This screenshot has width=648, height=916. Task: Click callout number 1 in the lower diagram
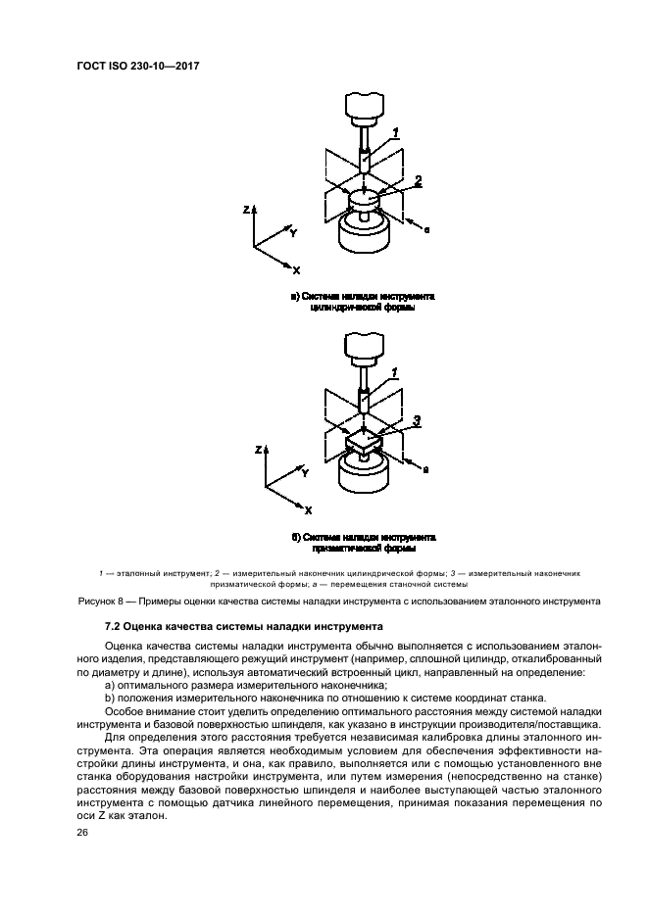pyautogui.click(x=394, y=372)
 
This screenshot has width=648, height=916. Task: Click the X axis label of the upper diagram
pyautogui.click(x=296, y=269)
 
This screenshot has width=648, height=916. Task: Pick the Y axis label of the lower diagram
pyautogui.click(x=305, y=472)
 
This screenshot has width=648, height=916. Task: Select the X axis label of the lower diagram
pyautogui.click(x=308, y=510)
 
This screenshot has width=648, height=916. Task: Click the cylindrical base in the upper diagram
pyautogui.click(x=363, y=235)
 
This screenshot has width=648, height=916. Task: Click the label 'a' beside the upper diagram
pyautogui.click(x=427, y=228)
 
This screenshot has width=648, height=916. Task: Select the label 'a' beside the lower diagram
pyautogui.click(x=425, y=470)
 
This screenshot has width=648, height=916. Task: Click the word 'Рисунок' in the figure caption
pyautogui.click(x=99, y=600)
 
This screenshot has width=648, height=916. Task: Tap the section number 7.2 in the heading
pyautogui.click(x=114, y=625)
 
